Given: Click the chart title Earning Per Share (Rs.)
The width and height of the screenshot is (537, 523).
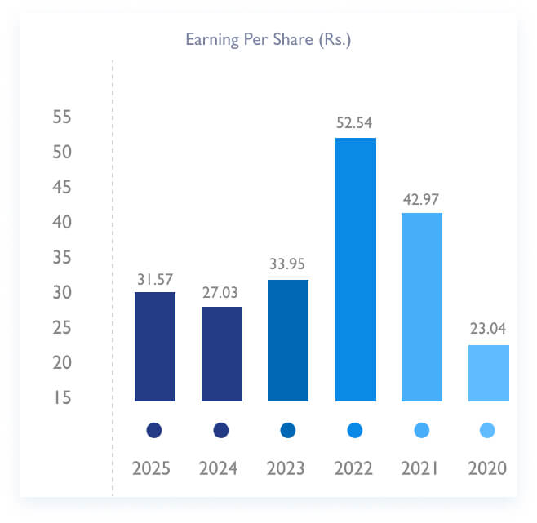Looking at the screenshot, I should (268, 39).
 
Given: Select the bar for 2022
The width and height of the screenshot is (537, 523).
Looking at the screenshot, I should (356, 269).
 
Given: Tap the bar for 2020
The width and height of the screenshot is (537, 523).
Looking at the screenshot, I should (489, 373).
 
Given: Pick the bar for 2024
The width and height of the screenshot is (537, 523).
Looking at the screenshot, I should (222, 353).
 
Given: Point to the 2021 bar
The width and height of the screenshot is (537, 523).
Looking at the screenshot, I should (422, 307).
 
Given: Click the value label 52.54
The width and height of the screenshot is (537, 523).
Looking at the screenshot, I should (356, 123).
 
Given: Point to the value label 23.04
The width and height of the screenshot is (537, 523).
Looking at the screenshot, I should (489, 330).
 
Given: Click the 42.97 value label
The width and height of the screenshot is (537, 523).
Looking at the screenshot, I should (422, 198).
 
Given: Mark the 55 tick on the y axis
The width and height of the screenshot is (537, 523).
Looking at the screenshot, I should (62, 117).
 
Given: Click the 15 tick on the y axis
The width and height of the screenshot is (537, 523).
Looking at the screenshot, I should (62, 398).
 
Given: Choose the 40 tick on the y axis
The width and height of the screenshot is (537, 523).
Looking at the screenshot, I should (62, 222).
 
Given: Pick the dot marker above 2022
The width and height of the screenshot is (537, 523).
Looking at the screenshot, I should (354, 430).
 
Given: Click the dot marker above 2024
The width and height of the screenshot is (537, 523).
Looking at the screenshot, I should (221, 430).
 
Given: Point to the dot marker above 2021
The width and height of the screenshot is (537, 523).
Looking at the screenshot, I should (421, 430).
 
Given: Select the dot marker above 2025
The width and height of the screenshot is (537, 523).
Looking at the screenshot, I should (154, 430).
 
